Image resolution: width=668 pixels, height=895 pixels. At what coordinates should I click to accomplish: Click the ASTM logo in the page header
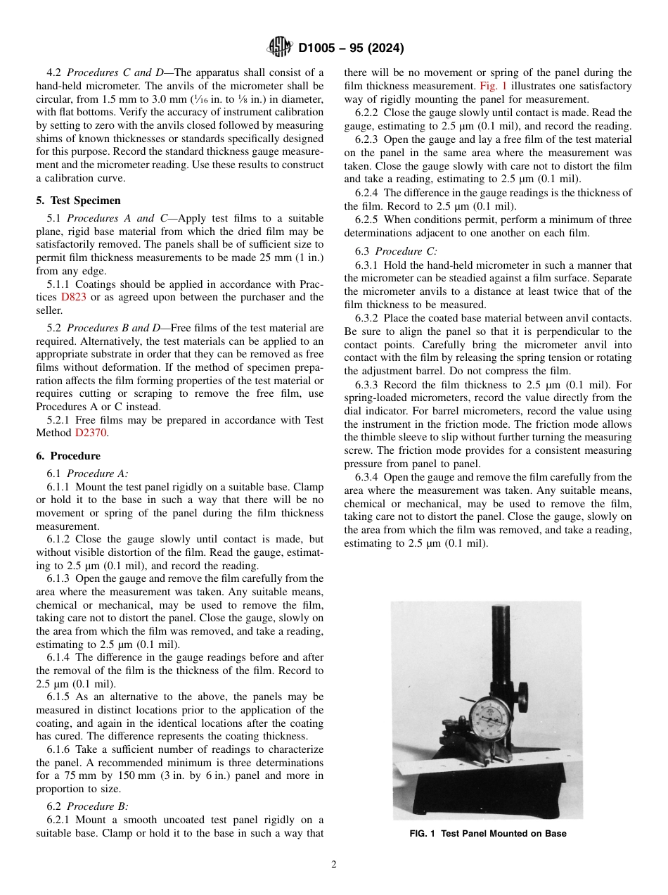pyautogui.click(x=279, y=48)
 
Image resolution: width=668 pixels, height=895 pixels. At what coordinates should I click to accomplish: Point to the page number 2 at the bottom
pyautogui.click(x=334, y=865)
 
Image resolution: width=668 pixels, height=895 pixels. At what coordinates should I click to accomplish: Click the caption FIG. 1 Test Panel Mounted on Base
pyautogui.click(x=487, y=834)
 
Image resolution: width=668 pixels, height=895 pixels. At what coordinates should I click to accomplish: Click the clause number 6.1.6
pyautogui.click(x=59, y=750)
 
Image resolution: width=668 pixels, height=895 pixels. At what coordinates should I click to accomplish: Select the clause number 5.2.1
pyautogui.click(x=59, y=420)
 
